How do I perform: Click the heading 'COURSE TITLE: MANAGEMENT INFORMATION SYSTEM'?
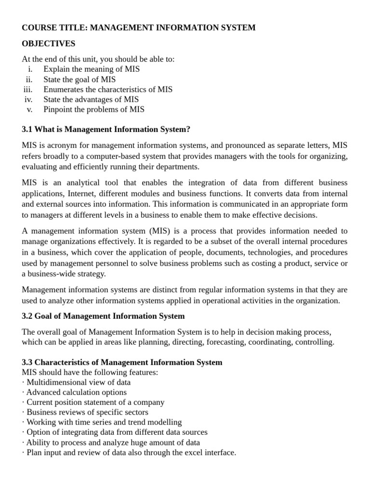[139, 28]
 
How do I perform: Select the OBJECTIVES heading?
[49, 44]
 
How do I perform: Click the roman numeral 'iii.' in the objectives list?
[28, 89]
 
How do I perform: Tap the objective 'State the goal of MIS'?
[79, 79]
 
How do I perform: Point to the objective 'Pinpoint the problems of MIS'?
[93, 109]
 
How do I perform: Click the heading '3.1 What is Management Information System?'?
[106, 130]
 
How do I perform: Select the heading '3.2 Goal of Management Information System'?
[103, 316]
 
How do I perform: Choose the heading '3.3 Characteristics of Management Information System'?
[122, 363]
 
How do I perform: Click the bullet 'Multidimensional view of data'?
[78, 382]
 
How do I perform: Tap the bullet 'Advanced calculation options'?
[76, 392]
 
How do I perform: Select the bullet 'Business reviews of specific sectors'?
[87, 413]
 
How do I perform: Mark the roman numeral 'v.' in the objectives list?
[29, 109]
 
